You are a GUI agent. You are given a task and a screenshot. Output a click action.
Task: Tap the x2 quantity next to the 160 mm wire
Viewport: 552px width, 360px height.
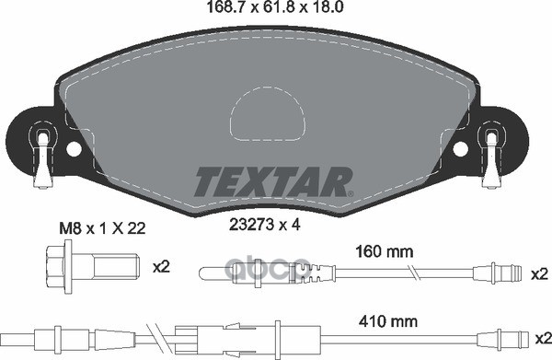click(x=539, y=273)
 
